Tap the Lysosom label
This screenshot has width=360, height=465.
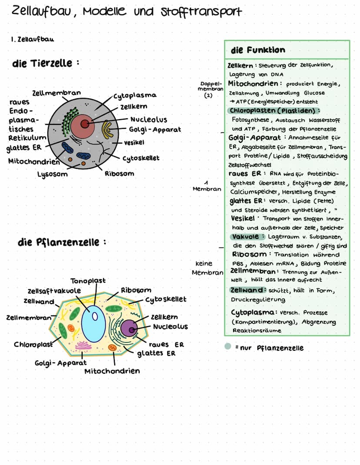tap(52, 174)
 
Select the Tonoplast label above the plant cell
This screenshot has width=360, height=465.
tap(88, 281)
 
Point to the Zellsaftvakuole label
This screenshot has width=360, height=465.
tap(54, 291)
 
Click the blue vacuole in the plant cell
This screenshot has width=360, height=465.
tap(93, 324)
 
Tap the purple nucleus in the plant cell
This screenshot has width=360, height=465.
tap(129, 328)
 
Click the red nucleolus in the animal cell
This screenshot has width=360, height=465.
tap(85, 124)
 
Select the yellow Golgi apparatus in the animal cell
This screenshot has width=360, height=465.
tap(107, 130)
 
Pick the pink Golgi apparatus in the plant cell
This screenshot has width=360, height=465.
tap(83, 346)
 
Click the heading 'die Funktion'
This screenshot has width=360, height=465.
tap(258, 50)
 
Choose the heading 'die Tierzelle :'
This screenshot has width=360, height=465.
tap(46, 64)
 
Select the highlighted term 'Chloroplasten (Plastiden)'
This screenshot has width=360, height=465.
tap(274, 110)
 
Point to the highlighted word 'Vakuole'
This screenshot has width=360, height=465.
tap(247, 236)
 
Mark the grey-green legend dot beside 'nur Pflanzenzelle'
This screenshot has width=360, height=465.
tap(227, 347)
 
